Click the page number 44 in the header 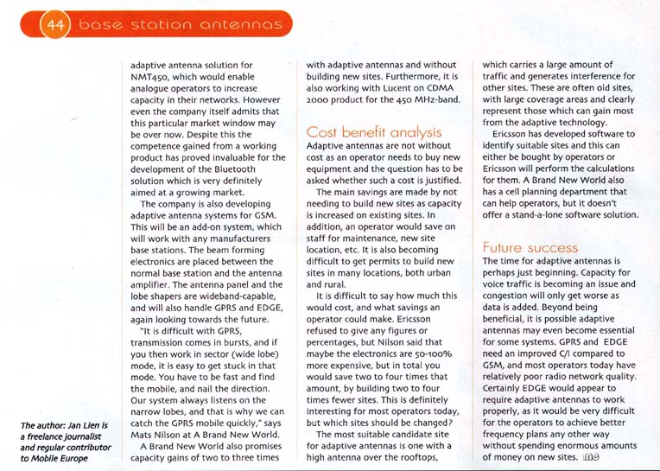point(54,25)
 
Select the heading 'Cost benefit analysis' point(374,132)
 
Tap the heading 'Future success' point(530,247)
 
